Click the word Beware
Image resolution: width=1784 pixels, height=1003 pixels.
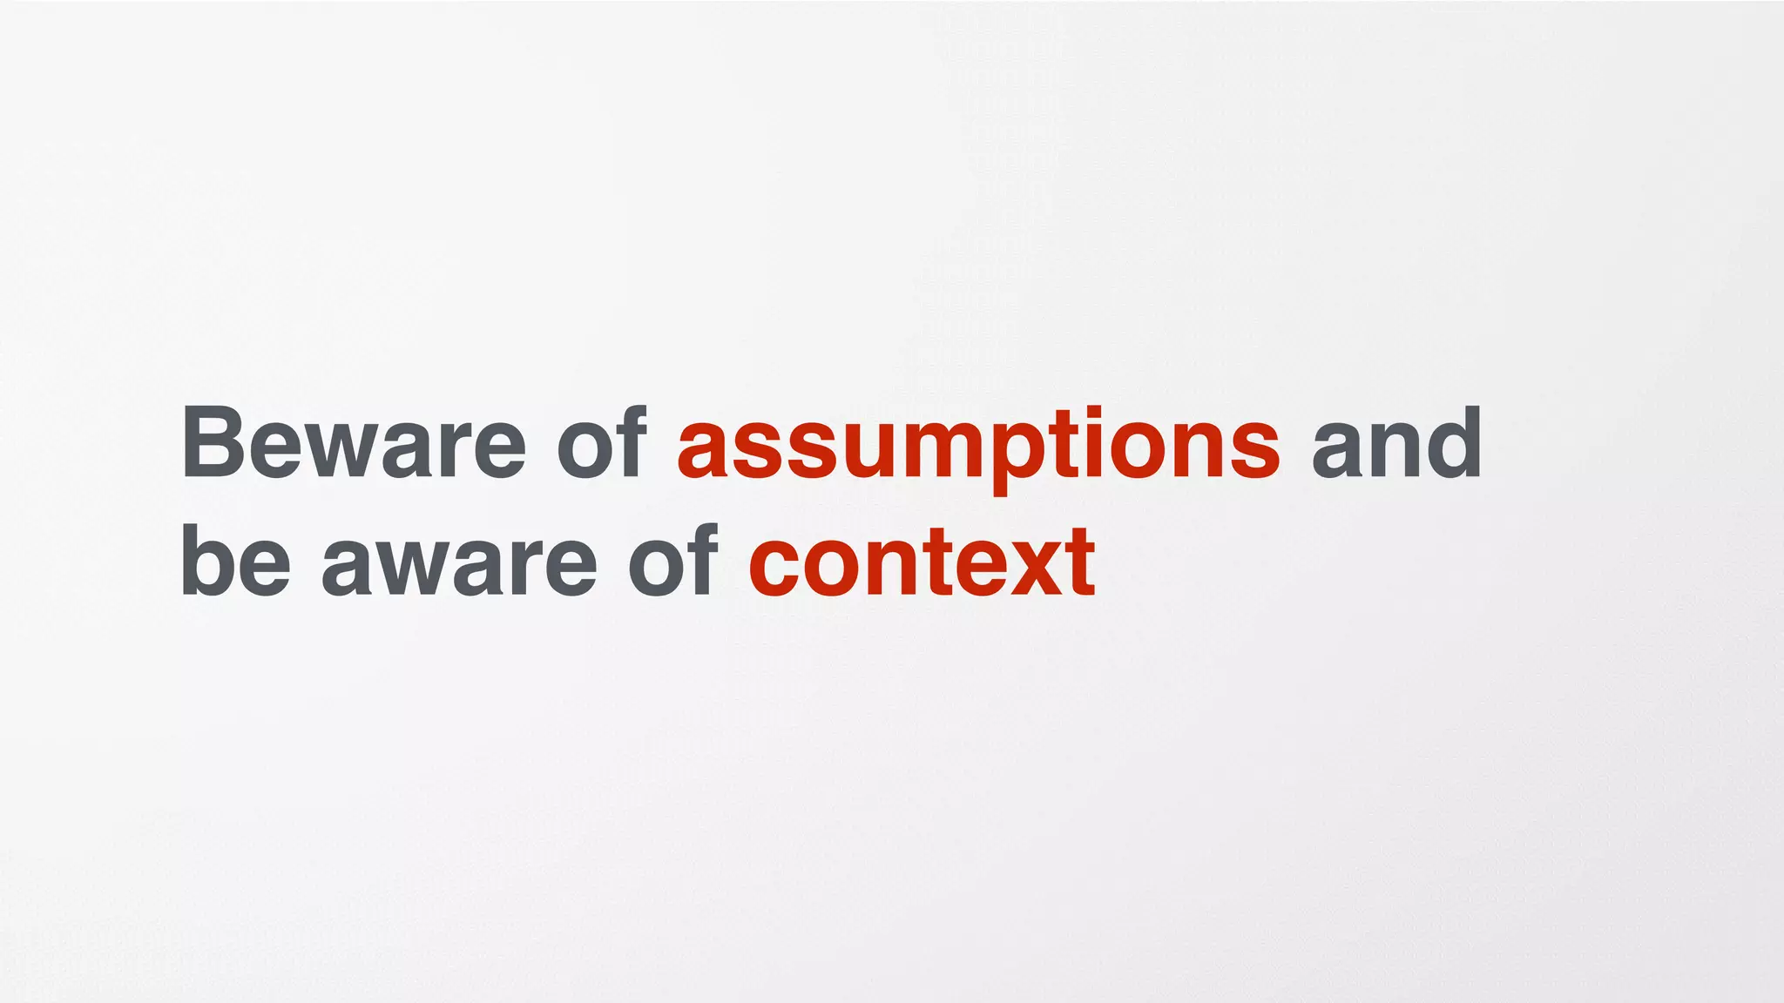(354, 444)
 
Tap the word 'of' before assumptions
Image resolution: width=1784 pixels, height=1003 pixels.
(601, 444)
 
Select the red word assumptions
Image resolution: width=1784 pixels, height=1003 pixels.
(978, 446)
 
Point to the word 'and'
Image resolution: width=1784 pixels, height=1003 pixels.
(1395, 444)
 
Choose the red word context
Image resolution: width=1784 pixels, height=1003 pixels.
(922, 564)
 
